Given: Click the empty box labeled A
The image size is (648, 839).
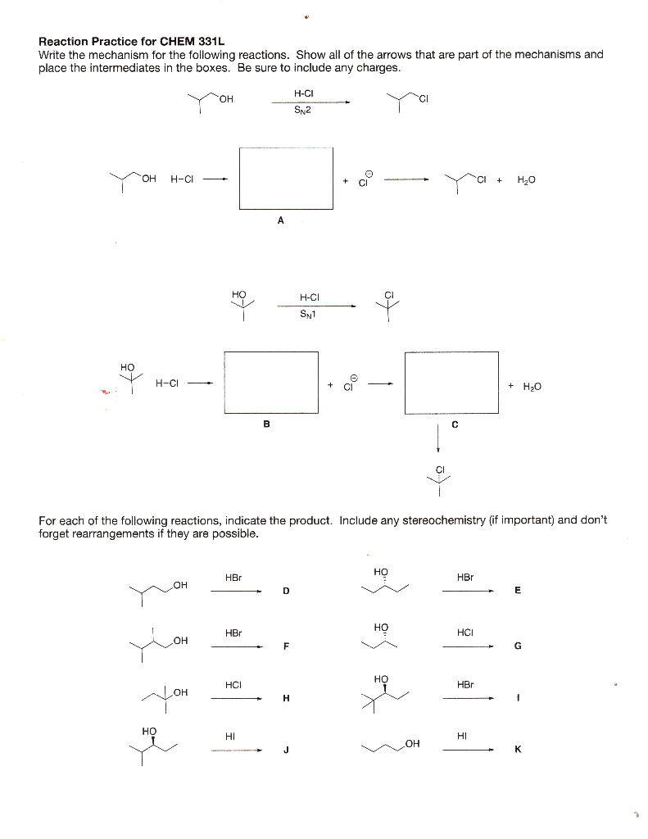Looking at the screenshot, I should pyautogui.click(x=287, y=178).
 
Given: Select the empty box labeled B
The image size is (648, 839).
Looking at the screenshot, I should pyautogui.click(x=271, y=383).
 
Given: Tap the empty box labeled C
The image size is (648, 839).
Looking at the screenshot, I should pyautogui.click(x=451, y=383).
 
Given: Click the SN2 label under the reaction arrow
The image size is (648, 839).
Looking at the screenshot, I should pyautogui.click(x=301, y=112).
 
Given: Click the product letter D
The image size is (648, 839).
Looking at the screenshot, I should pyautogui.click(x=286, y=591).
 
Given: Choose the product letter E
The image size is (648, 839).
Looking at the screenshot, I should pyautogui.click(x=517, y=591).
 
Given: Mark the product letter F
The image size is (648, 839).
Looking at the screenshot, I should pyautogui.click(x=286, y=646).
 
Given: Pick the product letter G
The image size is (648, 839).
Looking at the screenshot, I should pyautogui.click(x=517, y=646).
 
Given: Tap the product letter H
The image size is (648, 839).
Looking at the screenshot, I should pyautogui.click(x=286, y=698).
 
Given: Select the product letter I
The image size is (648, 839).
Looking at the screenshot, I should pyautogui.click(x=518, y=698).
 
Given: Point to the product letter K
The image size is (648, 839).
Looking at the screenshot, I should pyautogui.click(x=518, y=749).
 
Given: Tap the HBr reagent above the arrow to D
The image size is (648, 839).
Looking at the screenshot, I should pyautogui.click(x=233, y=578).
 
